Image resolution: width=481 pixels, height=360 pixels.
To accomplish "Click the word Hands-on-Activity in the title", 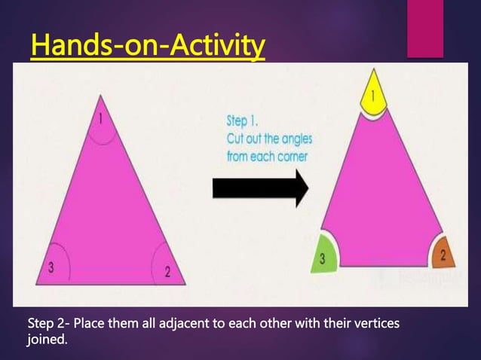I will tap(148, 47).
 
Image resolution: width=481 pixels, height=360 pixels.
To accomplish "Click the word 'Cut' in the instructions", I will tap(237, 139).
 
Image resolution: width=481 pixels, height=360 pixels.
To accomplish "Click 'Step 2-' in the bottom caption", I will tap(52, 324).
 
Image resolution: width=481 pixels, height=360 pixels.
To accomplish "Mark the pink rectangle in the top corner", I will tap(425, 29).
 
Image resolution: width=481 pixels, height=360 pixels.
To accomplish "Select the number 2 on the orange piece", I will tap(443, 255).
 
